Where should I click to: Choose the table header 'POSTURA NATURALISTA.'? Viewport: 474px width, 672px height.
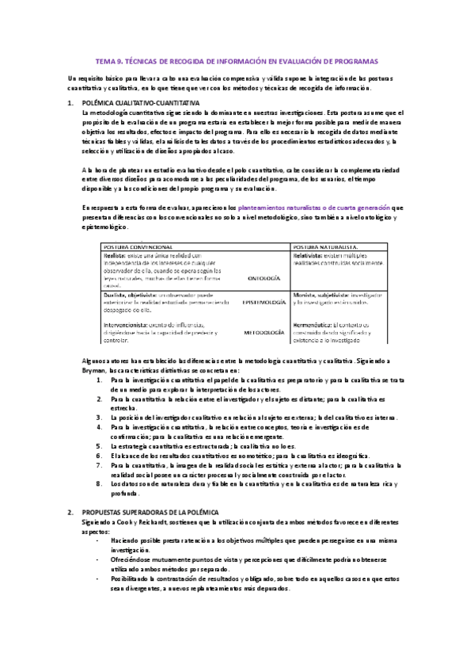[x=326, y=247]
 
